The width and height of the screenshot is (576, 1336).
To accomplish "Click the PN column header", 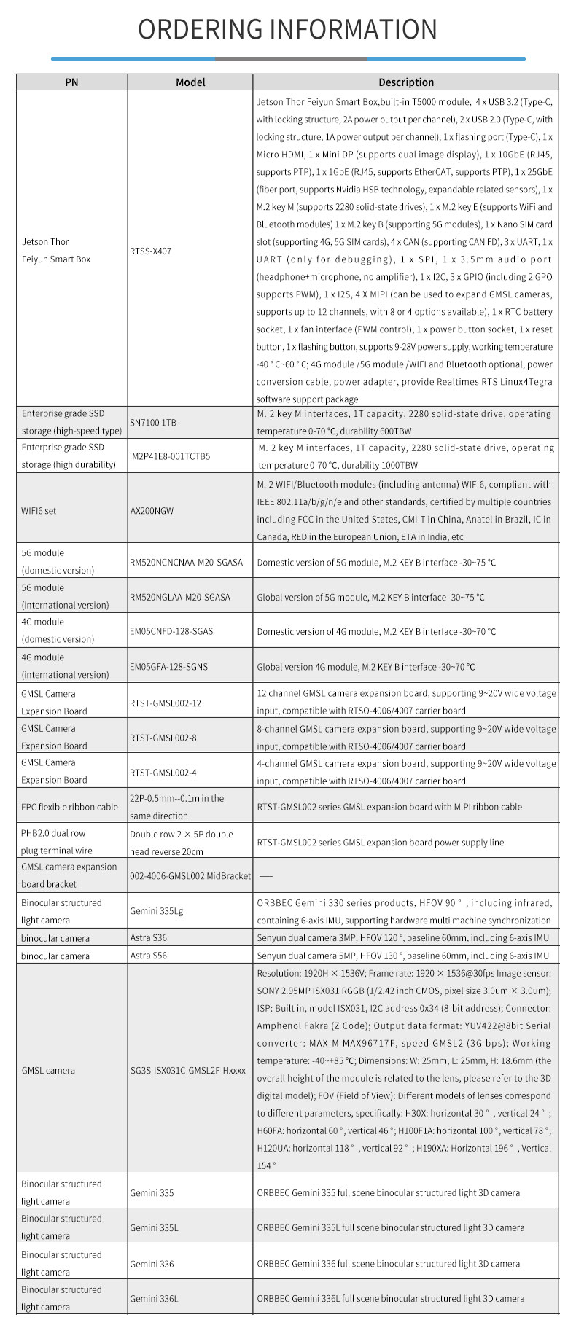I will (71, 82).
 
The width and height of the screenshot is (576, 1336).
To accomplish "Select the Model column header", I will (190, 82).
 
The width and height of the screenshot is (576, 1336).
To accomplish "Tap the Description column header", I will (406, 82).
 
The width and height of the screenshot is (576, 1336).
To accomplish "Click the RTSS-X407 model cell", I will (151, 251).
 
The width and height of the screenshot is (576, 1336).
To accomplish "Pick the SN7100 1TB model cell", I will (153, 423).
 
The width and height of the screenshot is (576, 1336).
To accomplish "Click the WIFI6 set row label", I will (39, 511).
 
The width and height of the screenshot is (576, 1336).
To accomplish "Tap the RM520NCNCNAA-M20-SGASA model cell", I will (186, 563).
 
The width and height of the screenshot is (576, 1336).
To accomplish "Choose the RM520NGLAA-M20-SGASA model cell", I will (179, 597).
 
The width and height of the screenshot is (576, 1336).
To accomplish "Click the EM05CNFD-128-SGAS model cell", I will (171, 631).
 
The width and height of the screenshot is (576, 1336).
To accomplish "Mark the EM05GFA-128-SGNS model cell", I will (171, 666).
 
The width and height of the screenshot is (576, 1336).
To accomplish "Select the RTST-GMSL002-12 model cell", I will (166, 703).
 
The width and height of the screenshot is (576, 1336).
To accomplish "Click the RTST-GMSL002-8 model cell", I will (163, 738).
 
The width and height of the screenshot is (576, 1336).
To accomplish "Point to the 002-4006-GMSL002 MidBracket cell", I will (190, 875).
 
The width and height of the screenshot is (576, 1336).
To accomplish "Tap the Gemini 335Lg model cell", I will (156, 911).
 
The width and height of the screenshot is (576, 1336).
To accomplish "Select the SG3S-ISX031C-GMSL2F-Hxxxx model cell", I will (187, 1070).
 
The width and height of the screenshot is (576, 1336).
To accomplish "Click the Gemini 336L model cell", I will (155, 1298).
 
